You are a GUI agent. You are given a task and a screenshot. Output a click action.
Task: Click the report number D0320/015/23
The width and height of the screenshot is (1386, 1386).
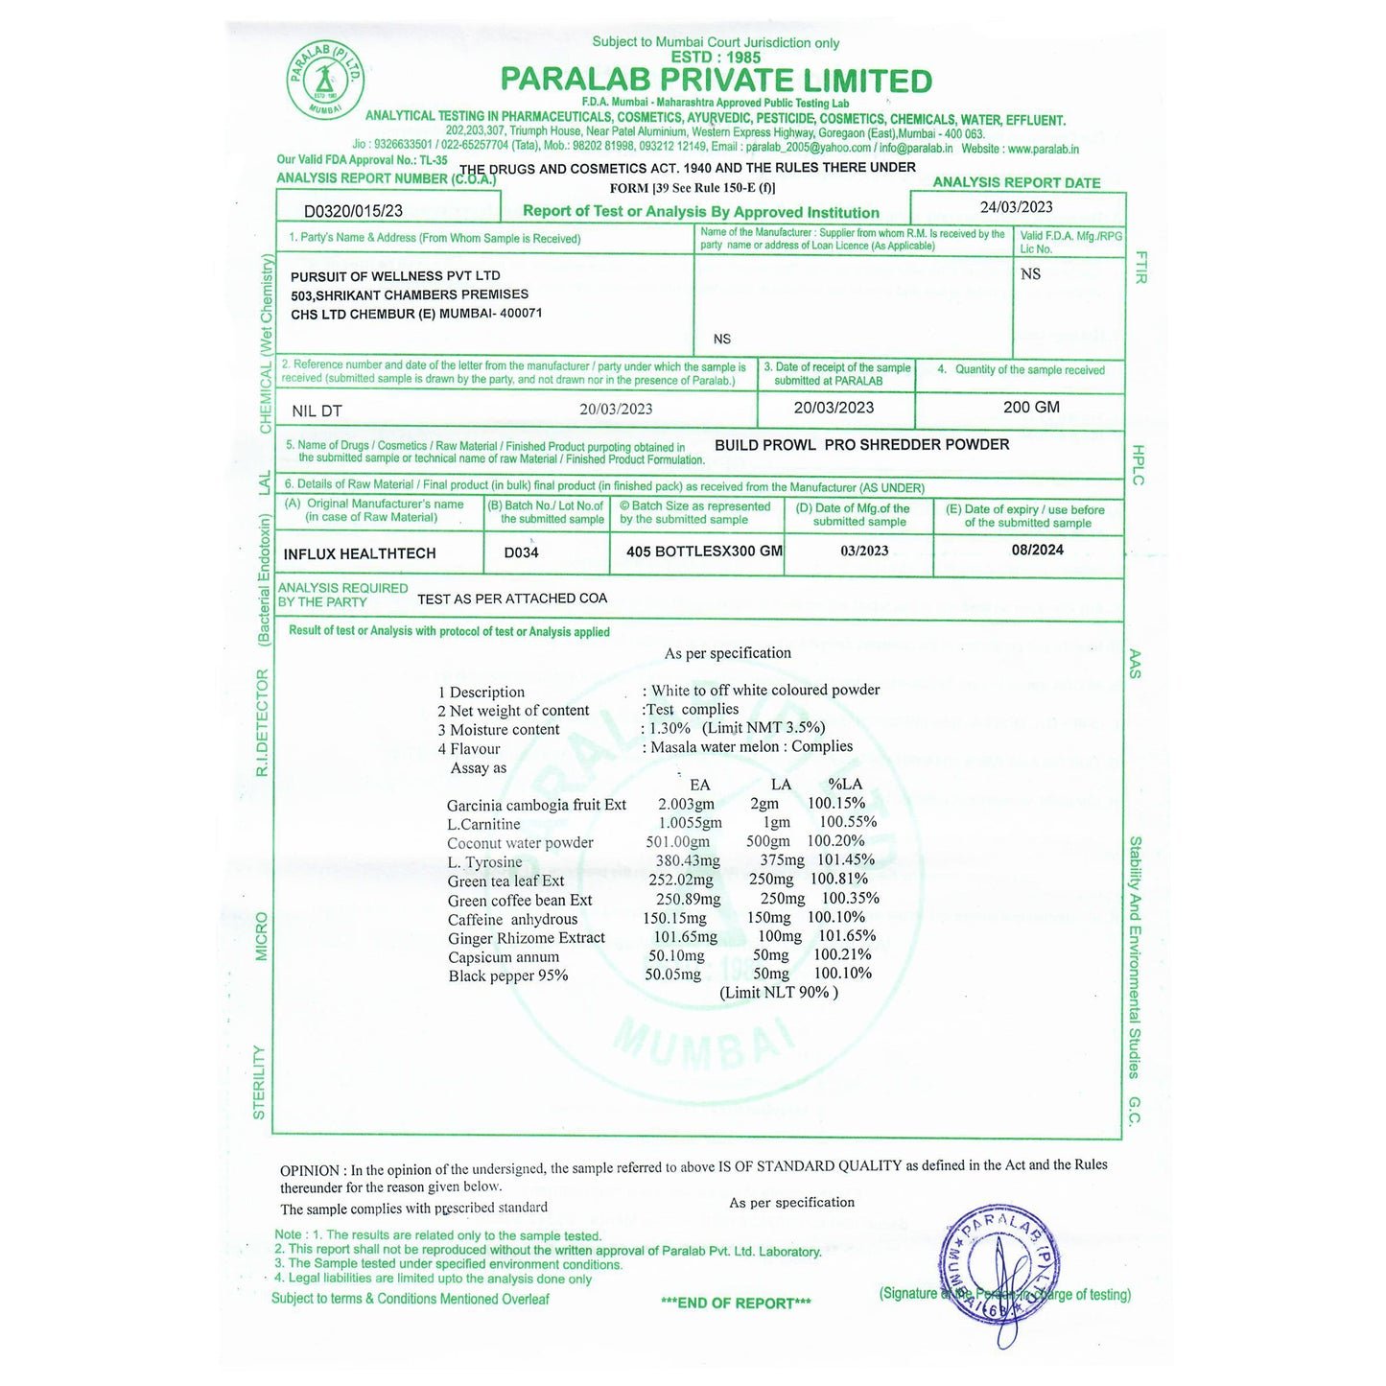[x=353, y=211]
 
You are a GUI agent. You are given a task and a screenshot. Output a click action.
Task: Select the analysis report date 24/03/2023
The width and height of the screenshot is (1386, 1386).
[x=1016, y=207]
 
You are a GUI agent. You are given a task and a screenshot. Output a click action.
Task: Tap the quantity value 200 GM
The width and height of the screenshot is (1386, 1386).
[x=1031, y=408]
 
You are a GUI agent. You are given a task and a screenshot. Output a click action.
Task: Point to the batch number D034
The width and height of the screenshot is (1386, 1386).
[x=521, y=553]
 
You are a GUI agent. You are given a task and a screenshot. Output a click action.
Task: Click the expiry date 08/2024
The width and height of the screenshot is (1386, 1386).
[x=1037, y=551]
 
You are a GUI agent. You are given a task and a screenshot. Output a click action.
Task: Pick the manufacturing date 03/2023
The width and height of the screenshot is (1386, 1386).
[x=864, y=552]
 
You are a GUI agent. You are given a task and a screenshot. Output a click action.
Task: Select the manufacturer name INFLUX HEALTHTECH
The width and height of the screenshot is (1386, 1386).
[x=360, y=554]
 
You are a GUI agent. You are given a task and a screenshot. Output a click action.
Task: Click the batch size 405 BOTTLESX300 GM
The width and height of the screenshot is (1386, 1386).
[x=704, y=552]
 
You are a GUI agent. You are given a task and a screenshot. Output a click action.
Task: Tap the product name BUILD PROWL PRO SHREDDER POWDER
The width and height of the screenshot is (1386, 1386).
[x=861, y=445]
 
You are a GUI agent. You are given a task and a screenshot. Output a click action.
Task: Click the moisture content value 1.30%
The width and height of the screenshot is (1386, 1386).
[x=670, y=728]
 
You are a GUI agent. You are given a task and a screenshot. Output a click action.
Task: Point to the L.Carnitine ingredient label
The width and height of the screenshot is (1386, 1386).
[x=483, y=825]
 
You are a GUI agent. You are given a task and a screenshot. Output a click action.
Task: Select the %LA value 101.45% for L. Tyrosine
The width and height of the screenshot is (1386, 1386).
[x=845, y=860]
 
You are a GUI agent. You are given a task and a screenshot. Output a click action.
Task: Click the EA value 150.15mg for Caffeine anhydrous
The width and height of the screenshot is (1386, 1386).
[x=674, y=918]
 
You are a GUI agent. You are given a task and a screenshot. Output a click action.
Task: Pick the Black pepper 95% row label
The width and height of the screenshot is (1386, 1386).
[x=507, y=976]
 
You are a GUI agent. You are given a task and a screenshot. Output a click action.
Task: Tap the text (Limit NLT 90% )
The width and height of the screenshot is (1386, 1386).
[x=779, y=993]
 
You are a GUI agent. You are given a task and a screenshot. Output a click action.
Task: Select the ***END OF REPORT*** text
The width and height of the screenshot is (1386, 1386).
[x=736, y=1303]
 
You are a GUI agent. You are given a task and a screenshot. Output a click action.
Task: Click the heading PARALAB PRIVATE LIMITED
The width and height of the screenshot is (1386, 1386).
[x=716, y=81]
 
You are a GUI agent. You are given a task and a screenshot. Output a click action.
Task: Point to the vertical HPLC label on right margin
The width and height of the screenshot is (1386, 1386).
[x=1139, y=465]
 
